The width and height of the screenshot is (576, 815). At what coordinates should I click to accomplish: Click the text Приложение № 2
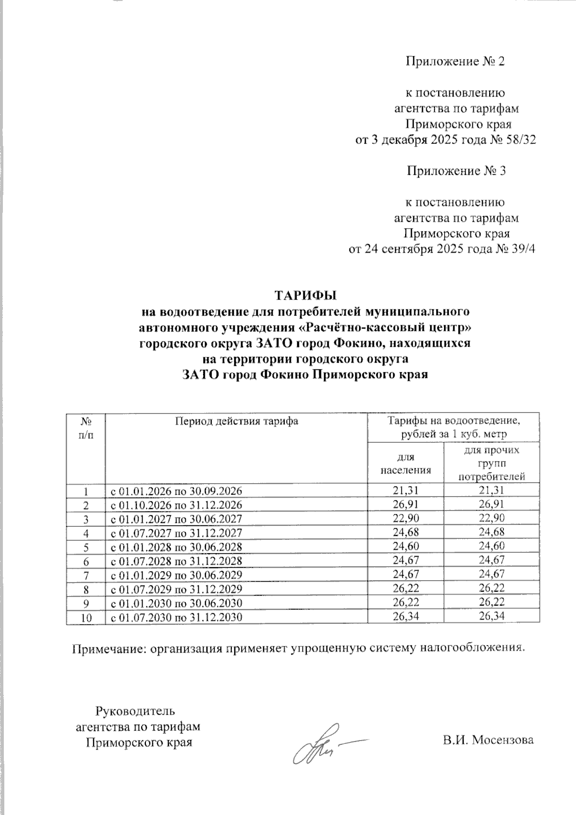coord(456,61)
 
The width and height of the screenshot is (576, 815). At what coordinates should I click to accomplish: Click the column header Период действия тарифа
coord(236,421)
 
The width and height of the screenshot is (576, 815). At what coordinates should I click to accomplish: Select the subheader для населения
coord(406,463)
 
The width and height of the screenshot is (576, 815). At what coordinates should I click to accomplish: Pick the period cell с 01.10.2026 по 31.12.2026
coord(177,505)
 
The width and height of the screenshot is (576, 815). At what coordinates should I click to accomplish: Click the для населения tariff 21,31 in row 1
coord(405,491)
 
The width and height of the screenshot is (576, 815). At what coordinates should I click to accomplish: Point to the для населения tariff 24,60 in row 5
coord(405,547)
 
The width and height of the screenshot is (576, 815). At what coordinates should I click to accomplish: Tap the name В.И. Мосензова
coord(488,740)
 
